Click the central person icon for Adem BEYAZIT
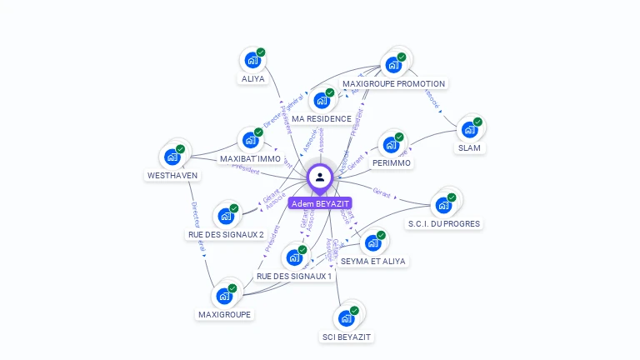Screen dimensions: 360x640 (320, 177)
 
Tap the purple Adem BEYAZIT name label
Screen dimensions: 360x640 (320, 203)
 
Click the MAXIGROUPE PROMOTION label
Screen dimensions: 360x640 (394, 83)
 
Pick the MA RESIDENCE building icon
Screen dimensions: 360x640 (321, 101)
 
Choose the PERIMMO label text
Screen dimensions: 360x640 (391, 163)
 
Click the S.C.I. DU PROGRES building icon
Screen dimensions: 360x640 (442, 205)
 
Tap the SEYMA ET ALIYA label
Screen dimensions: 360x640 (373, 261)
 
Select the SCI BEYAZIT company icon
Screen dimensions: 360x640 (346, 317)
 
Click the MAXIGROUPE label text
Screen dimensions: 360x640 (224, 314)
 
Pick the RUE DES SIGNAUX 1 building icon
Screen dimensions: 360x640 (293, 257)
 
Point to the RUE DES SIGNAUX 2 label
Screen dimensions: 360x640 (225, 235)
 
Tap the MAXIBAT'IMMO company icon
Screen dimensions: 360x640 (249, 140)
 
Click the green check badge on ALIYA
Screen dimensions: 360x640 (261, 52)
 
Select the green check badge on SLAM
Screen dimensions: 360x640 (477, 122)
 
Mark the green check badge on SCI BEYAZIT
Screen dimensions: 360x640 (354, 310)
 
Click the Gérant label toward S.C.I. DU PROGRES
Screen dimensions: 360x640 (382, 192)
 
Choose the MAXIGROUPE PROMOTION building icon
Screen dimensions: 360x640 (392, 64)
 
